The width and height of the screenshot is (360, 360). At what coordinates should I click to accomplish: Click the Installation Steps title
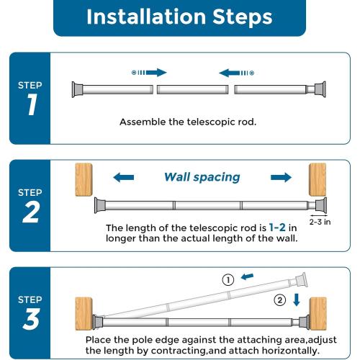pyautogui.click(x=179, y=18)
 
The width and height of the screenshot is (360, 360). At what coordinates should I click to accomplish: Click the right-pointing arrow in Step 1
pyautogui.click(x=150, y=72)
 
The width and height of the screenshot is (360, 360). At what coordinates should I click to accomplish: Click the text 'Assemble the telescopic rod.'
pyautogui.click(x=188, y=122)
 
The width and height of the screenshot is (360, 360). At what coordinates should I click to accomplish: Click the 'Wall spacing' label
pyautogui.click(x=202, y=177)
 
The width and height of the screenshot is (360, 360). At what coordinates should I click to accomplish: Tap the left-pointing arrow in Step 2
pyautogui.click(x=123, y=177)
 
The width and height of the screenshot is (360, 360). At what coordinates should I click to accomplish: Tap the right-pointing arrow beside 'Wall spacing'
pyautogui.click(x=281, y=177)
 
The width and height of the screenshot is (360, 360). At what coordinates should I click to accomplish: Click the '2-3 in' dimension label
pyautogui.click(x=320, y=223)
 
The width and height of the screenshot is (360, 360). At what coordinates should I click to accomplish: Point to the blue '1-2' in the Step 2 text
pyautogui.click(x=278, y=226)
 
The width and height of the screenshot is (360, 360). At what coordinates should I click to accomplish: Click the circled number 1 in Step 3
pyautogui.click(x=228, y=280)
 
